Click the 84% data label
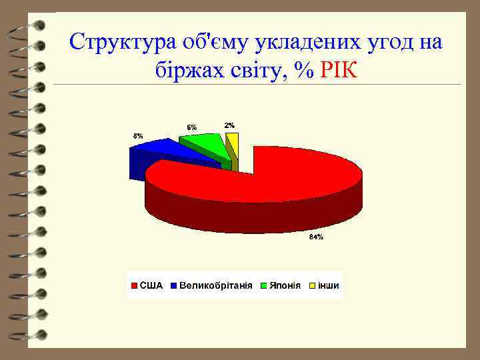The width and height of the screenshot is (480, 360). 315,237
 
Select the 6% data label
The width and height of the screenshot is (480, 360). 191,127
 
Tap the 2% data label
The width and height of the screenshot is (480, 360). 229,125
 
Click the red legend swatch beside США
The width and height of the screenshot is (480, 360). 133,286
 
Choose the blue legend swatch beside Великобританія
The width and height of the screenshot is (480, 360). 174,286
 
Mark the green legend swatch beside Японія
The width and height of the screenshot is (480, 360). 264,286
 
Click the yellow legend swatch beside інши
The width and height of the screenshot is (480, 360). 311,286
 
